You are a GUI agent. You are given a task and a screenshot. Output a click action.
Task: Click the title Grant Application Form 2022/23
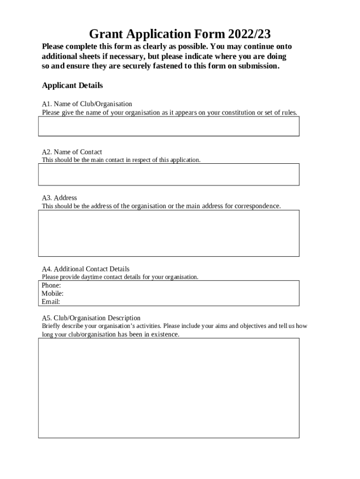pos(180,34)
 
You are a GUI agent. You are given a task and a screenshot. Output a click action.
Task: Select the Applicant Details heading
pos(72,86)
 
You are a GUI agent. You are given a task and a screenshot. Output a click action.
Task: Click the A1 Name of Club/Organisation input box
pos(168,126)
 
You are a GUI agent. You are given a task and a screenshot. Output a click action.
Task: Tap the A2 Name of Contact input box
pos(168,174)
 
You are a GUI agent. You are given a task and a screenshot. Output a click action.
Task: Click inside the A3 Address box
pos(168,233)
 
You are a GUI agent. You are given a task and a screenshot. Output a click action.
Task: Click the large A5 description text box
pos(168,388)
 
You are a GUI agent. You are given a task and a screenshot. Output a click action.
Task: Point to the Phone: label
pos(51,285)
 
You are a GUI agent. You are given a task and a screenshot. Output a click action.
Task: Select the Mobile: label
pos(52,293)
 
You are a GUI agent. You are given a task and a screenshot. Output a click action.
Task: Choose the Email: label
pos(50,302)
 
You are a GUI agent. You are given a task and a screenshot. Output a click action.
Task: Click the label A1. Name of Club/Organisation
pos(87,104)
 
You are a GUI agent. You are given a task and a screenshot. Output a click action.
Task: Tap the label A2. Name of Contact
pos(72,152)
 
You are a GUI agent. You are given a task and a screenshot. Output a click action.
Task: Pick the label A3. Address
pos(59,198)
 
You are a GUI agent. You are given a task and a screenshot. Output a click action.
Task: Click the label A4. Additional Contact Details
pos(86,269)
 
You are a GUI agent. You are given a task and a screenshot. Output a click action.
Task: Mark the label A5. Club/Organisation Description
pos(91,318)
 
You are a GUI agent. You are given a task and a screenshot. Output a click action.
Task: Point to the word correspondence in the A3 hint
pos(258,206)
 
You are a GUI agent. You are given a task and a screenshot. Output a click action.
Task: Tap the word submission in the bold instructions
pos(259,66)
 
